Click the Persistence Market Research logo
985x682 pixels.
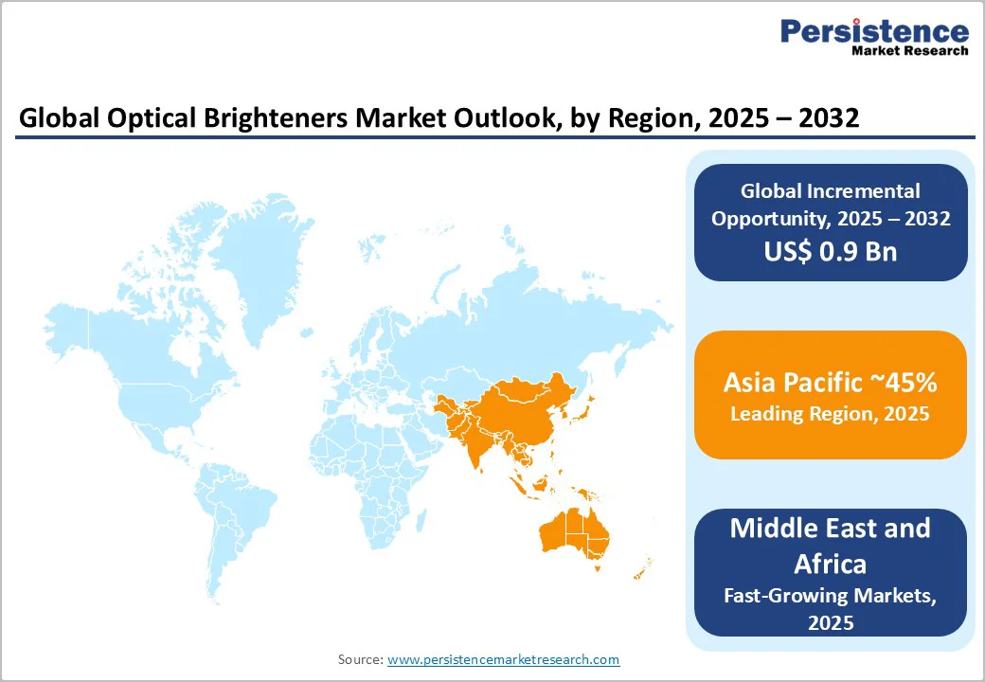(873, 38)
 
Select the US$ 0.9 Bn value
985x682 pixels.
(831, 251)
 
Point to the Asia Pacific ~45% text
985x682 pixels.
(830, 383)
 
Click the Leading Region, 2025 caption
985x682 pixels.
(830, 414)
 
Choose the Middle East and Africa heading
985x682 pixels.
(830, 546)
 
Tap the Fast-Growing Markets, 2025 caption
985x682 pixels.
(830, 609)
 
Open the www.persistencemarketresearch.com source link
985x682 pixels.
(503, 659)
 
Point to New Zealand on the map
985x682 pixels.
(640, 568)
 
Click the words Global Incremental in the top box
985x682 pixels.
(830, 191)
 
